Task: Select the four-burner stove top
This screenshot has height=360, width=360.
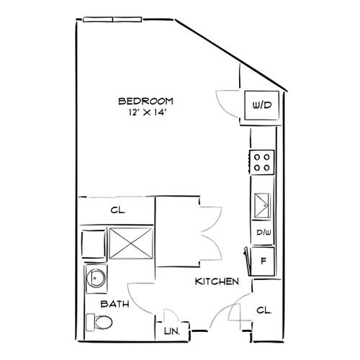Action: coord(261,162)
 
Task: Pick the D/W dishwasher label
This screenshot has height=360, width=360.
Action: coord(263,233)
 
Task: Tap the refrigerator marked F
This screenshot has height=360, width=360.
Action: coord(263,260)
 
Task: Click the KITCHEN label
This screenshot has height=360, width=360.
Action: coord(217,282)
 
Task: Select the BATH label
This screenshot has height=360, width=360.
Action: coord(114,305)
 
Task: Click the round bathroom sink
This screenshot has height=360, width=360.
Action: coord(94,278)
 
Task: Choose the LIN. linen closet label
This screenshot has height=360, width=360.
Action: coord(173,332)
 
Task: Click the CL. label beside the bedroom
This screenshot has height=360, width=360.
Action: coord(118,211)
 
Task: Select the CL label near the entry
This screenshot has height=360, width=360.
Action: coord(264,311)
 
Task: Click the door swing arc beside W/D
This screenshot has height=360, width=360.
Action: coord(226,101)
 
